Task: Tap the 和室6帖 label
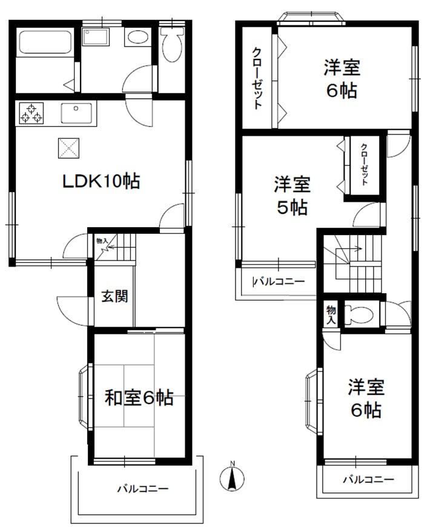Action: pos(139,397)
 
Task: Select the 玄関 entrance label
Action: pos(115,296)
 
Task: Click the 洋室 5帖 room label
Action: pos(292,196)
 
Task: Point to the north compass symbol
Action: pos(232,477)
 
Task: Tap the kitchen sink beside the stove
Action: pos(76,113)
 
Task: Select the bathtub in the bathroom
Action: pos(45,42)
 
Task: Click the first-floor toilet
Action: pos(171,44)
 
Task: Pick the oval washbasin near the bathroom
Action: pos(137,37)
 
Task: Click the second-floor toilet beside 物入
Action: pos(360,315)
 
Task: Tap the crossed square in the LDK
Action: pos(69,148)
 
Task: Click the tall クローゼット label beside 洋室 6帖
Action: pos(257,78)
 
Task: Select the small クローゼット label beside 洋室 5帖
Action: pos(365,164)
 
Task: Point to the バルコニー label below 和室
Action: pos(142,488)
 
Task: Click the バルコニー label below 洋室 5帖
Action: pos(280,281)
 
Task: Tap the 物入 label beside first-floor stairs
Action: pos(102,240)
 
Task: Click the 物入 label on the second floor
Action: pos(331,314)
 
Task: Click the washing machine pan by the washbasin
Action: pos(96,36)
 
